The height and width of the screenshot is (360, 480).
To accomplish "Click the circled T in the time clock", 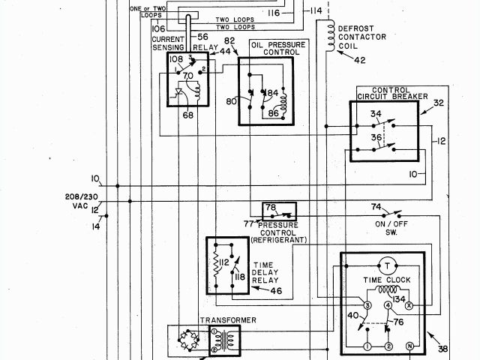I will point(385,265).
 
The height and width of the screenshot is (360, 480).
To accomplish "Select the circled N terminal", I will point(409,346).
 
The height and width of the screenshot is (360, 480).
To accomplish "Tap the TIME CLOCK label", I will point(384,280).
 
